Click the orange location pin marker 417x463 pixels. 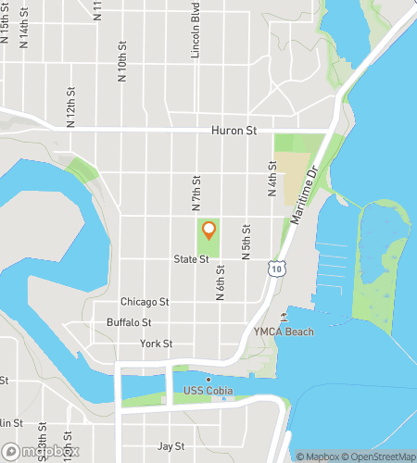209,230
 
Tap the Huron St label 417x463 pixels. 233,131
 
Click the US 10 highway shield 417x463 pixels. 275,269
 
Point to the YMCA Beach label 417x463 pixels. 284,332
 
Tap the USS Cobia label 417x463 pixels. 208,390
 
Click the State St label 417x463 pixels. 192,260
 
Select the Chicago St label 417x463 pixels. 145,302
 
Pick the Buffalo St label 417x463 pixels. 129,322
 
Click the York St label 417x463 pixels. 156,344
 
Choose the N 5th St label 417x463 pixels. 246,241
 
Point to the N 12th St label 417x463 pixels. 70,108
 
